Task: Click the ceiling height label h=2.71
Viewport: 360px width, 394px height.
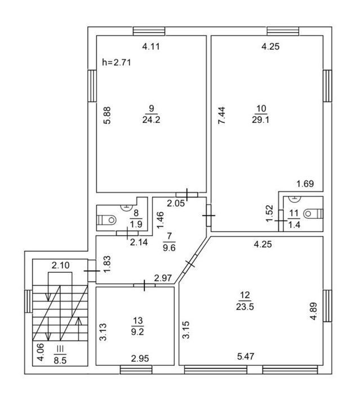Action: [x=117, y=62]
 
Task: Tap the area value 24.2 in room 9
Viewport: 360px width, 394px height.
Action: [x=151, y=119]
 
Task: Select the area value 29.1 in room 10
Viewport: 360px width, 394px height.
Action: [x=260, y=119]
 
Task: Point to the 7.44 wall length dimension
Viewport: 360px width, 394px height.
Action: [x=221, y=116]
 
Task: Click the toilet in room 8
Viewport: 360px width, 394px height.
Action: [x=107, y=220]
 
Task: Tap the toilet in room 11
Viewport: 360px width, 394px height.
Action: [x=314, y=214]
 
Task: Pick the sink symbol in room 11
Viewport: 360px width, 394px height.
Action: [x=295, y=198]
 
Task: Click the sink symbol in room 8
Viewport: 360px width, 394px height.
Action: [x=127, y=207]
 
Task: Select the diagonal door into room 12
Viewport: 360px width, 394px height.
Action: [x=190, y=263]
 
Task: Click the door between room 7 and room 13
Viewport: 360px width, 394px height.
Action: [x=144, y=285]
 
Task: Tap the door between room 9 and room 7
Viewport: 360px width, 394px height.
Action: [x=186, y=194]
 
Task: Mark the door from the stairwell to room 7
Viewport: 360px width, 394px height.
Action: [x=92, y=271]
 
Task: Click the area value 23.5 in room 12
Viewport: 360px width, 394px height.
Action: [x=245, y=307]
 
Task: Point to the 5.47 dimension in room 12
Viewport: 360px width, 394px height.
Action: [x=246, y=356]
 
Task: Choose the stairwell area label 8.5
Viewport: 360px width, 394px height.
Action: [x=60, y=361]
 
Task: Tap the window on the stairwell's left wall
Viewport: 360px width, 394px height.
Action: [x=28, y=302]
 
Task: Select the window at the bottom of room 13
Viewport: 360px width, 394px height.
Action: [x=136, y=370]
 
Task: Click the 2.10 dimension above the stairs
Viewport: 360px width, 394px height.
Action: [x=60, y=265]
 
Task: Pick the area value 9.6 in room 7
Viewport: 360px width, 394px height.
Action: [x=169, y=248]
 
